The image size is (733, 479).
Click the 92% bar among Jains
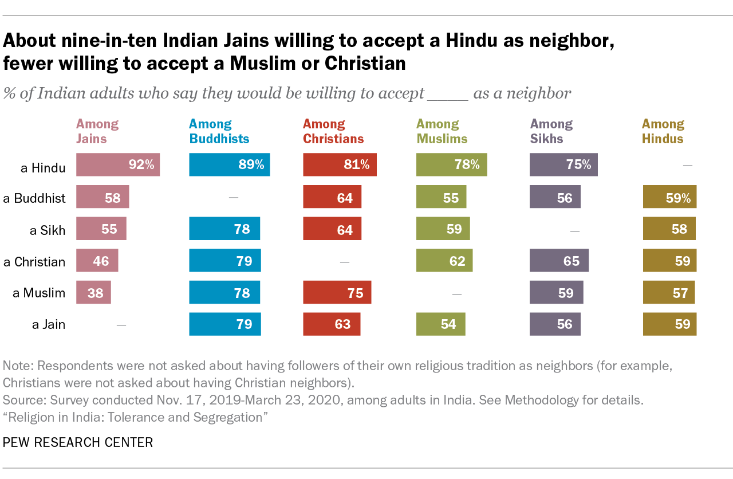(118, 165)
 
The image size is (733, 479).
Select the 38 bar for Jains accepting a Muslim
(93, 292)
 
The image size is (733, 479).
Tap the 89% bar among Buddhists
(229, 165)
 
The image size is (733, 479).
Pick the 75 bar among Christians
(337, 292)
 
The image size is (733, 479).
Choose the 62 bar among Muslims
(444, 261)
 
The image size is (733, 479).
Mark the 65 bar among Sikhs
(559, 261)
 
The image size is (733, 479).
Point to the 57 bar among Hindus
(668, 292)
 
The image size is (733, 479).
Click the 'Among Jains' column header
(97, 131)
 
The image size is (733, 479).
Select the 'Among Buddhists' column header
(219, 131)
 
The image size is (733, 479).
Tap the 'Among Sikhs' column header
(551, 131)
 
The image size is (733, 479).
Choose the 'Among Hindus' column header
(663, 131)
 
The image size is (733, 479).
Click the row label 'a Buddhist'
(34, 198)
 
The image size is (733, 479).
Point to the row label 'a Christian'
(34, 262)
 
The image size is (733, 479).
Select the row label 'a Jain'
(48, 324)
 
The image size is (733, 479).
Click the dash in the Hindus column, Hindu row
(688, 166)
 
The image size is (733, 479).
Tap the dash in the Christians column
(344, 262)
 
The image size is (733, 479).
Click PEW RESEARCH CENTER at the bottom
(78, 442)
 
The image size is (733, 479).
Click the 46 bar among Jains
(97, 261)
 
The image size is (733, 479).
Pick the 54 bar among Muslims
(440, 324)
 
